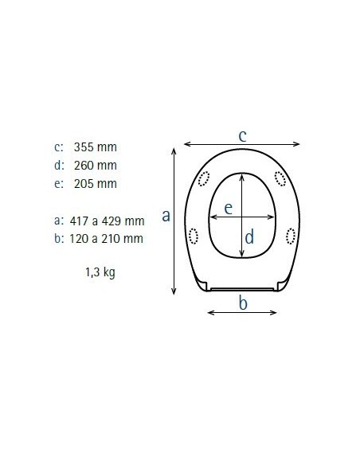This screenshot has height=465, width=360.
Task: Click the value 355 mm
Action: click(96, 147)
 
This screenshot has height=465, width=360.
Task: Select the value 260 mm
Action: click(96, 166)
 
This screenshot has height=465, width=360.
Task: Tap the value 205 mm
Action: click(96, 184)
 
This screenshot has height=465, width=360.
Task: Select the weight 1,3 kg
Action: click(100, 272)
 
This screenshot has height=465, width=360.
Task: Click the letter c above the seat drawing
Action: click(243, 135)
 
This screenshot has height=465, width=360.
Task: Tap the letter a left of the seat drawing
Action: click(166, 215)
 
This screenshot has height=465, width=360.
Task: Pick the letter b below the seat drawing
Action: click(244, 303)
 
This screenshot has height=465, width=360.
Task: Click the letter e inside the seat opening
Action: click(228, 209)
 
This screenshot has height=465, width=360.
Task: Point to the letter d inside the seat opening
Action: click(248, 236)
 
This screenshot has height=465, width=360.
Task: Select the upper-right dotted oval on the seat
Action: click(280, 178)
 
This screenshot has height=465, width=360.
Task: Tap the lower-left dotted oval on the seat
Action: click(194, 236)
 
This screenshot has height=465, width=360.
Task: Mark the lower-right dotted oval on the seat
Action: click(289, 236)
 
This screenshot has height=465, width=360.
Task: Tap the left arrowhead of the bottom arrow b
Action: click(210, 312)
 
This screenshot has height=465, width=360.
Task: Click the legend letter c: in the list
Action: click(58, 147)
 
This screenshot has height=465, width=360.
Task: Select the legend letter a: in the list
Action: click(58, 221)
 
